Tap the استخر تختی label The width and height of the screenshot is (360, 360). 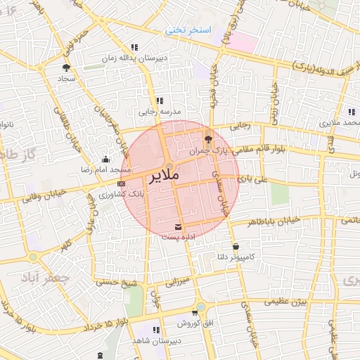click(188, 30)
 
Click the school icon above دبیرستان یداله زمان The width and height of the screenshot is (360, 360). click(134, 48)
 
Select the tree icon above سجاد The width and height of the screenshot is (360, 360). click(66, 68)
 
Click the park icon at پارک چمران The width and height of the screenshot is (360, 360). click(207, 138)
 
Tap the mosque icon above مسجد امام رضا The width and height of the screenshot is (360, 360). click(105, 160)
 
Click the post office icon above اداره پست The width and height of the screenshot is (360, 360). click(178, 226)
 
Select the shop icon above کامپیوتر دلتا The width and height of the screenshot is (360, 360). click(234, 247)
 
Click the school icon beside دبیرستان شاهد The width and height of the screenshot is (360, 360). click(156, 329)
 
